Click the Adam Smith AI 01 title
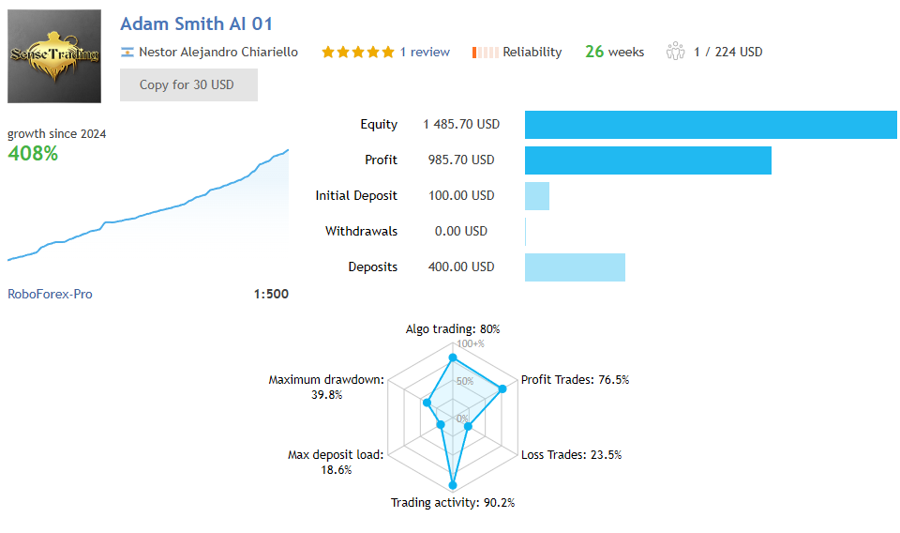click(197, 23)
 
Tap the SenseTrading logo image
click(54, 56)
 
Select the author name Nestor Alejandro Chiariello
click(217, 53)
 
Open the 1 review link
click(425, 53)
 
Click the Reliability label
click(532, 53)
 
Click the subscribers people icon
click(675, 53)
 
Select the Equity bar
click(710, 125)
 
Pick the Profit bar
click(648, 160)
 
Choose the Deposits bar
click(575, 267)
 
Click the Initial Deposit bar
click(537, 196)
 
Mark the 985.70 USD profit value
click(458, 160)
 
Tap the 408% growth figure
click(33, 153)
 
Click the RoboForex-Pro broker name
click(50, 294)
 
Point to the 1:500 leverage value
click(271, 294)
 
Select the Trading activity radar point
click(453, 485)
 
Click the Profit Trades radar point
click(503, 388)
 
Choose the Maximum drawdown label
click(325, 380)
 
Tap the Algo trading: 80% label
click(453, 329)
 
